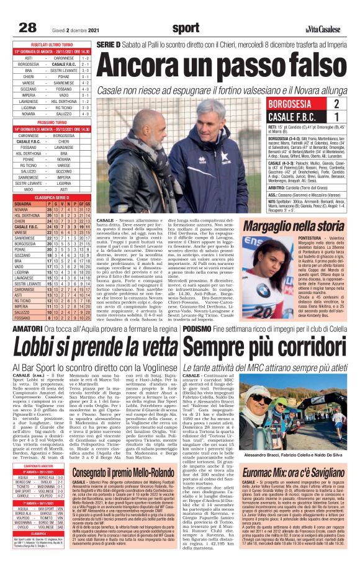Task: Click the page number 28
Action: (x=28, y=27)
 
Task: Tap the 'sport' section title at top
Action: (x=186, y=27)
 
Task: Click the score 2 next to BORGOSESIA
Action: (x=336, y=104)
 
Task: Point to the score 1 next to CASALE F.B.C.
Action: (x=336, y=117)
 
